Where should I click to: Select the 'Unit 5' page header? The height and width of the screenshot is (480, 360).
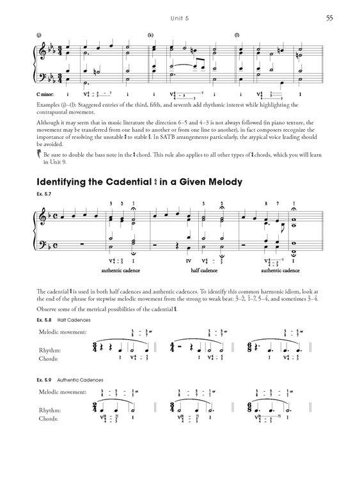pos(180,17)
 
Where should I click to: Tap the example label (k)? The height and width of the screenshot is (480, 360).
pos(151,35)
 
